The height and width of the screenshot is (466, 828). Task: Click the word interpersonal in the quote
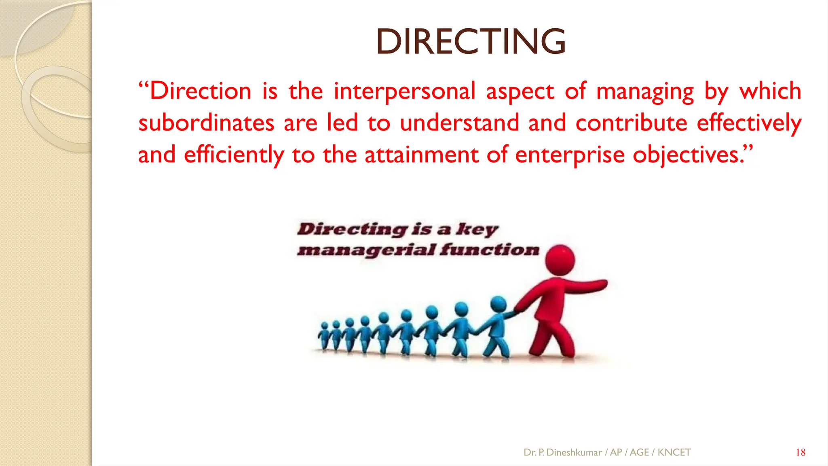(x=404, y=91)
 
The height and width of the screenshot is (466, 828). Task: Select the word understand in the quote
(x=459, y=123)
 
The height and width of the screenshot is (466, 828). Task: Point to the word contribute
(x=631, y=123)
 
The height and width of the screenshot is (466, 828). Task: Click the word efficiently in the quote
(x=234, y=155)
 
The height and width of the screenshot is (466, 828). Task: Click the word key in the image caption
(x=477, y=229)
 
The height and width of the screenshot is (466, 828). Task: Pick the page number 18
(x=801, y=452)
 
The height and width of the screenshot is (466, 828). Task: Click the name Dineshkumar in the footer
(x=574, y=452)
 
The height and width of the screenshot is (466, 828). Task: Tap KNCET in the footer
(x=674, y=452)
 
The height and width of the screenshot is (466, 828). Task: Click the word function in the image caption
(x=490, y=250)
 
